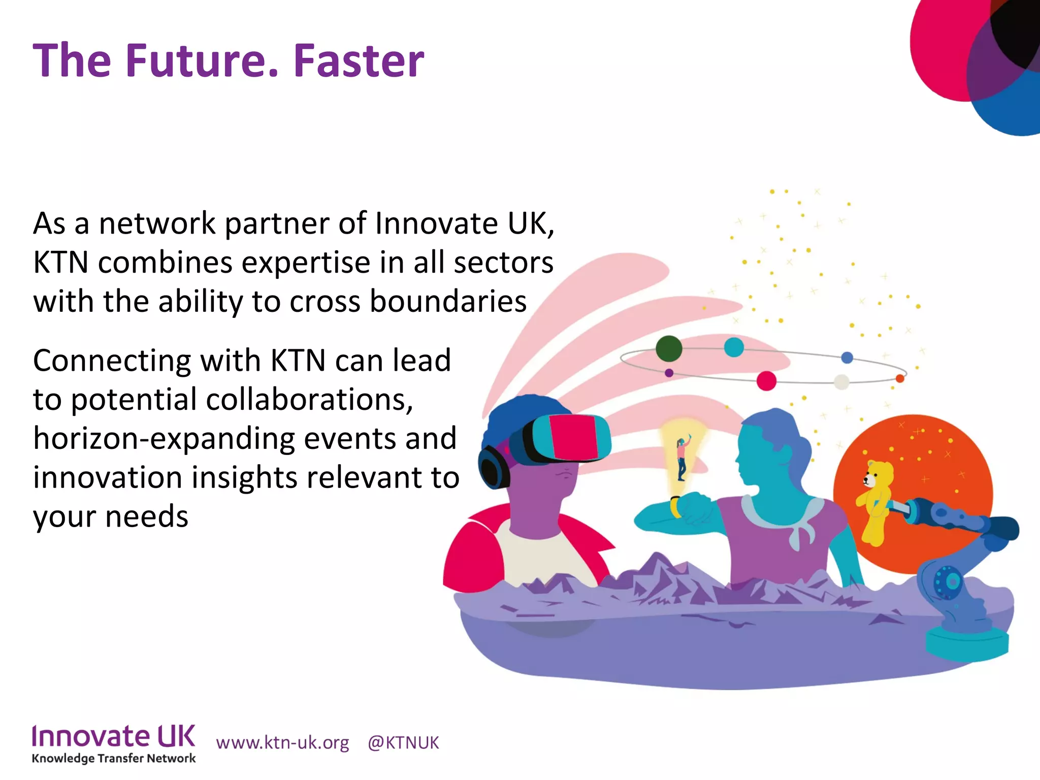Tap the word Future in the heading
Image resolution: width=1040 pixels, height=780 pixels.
tap(201, 61)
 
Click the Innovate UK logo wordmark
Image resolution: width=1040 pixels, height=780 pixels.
tap(113, 736)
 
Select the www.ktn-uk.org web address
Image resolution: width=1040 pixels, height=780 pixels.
tap(282, 742)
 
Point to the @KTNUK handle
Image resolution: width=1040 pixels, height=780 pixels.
tap(403, 742)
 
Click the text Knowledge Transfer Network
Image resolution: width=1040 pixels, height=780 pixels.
tap(113, 759)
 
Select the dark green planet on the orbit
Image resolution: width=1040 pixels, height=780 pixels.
tap(669, 348)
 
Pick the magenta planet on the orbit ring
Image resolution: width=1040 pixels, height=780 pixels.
tap(766, 380)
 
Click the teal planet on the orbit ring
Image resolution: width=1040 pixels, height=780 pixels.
tap(734, 347)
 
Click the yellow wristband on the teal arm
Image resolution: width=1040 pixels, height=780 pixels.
tap(676, 506)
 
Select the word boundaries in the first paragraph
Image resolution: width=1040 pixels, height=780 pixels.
tap(448, 301)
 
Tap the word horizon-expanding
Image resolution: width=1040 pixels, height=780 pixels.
tap(164, 438)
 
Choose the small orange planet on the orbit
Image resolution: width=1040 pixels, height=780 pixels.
tap(900, 378)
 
